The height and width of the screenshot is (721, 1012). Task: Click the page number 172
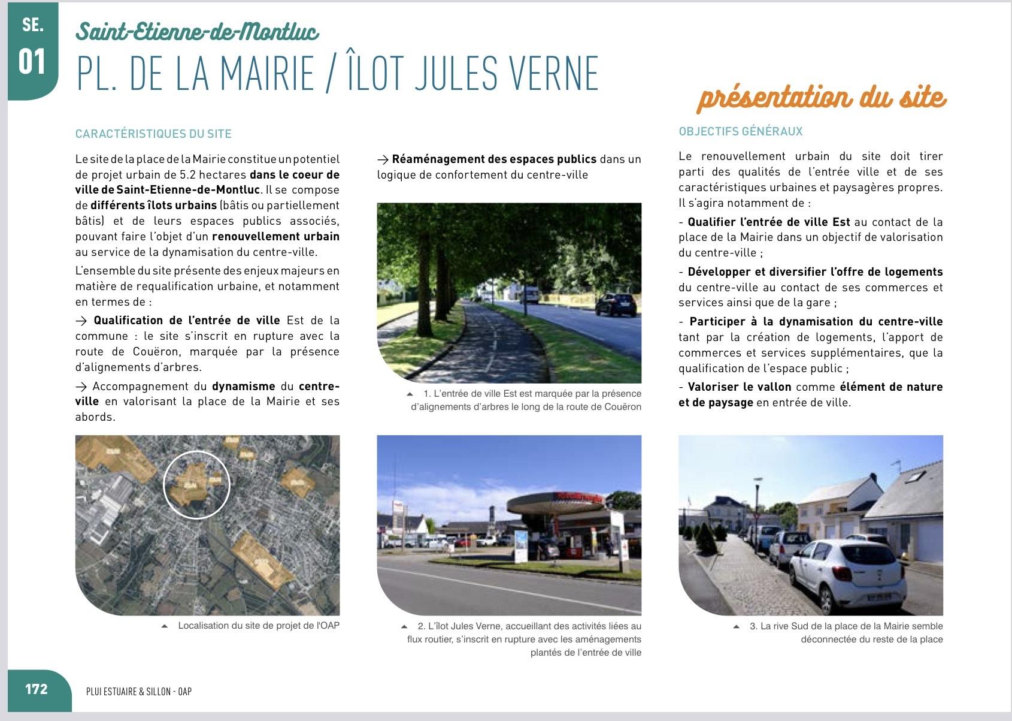click(x=36, y=689)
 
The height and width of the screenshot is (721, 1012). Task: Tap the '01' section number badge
click(x=32, y=62)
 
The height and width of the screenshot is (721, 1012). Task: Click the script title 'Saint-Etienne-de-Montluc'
click(x=197, y=31)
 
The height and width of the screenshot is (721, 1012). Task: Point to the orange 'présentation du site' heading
click(x=821, y=98)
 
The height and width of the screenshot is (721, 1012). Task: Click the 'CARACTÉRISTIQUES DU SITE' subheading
click(x=153, y=134)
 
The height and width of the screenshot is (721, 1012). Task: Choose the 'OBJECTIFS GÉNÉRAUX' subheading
click(x=740, y=131)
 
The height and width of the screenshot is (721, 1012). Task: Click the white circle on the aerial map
click(x=196, y=484)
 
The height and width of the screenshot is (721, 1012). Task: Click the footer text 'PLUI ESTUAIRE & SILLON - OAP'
click(x=139, y=692)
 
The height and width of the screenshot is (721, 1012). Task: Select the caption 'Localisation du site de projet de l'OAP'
click(x=258, y=626)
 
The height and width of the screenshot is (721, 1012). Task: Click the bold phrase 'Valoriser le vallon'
click(x=739, y=387)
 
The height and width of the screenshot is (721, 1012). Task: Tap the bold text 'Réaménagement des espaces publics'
click(x=494, y=159)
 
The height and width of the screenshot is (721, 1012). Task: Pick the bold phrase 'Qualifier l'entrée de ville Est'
click(x=769, y=222)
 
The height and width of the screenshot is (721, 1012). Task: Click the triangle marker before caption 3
click(x=736, y=627)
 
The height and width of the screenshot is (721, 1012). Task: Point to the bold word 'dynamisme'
click(x=243, y=387)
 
